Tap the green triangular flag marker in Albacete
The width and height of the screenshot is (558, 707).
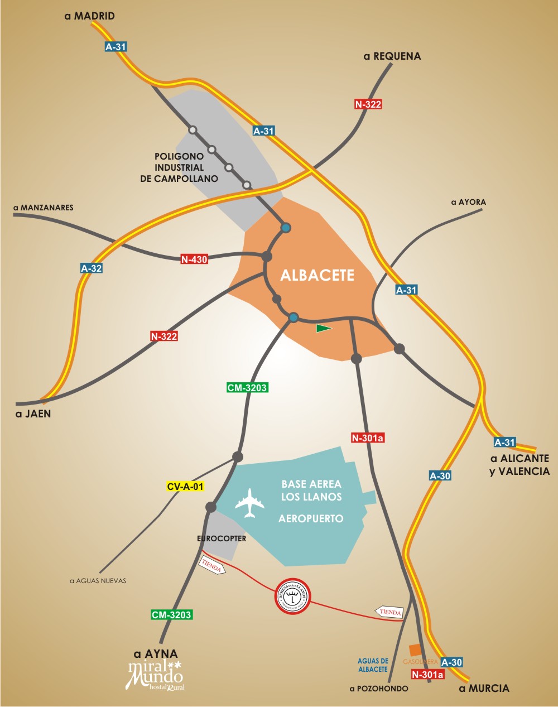coord(323,328)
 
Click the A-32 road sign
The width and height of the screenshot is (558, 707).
coord(92,268)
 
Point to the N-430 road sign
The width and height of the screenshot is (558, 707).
coord(194,259)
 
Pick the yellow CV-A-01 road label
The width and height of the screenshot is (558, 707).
coord(185,487)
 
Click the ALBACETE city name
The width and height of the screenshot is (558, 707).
coord(317,275)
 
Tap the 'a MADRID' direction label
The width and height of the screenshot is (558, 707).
coord(90,16)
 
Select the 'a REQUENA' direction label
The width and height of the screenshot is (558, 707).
coord(392,56)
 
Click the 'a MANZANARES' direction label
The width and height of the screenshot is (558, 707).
coord(44,208)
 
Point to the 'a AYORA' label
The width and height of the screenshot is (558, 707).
coord(468,202)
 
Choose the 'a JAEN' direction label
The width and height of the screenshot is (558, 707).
coord(33,414)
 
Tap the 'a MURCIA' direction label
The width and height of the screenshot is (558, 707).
coord(484,688)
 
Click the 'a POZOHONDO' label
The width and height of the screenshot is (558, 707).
coord(379,689)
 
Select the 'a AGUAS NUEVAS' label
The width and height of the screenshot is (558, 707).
coord(98,581)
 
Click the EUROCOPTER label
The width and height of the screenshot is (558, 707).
coord(222,538)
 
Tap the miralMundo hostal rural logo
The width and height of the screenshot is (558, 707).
coord(156,676)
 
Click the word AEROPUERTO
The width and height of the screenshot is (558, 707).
coord(311,518)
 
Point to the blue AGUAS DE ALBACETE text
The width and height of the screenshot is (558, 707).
coord(373,665)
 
